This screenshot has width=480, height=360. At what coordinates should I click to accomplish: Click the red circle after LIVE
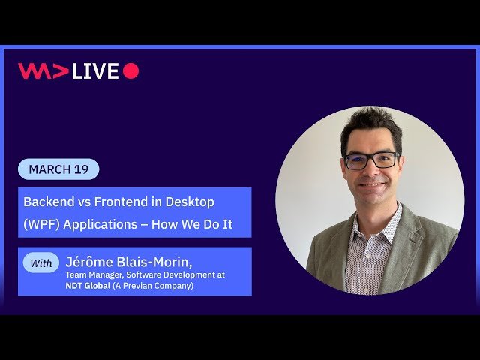tap(131, 70)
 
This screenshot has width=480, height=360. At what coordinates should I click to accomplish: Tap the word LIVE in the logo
tap(95, 70)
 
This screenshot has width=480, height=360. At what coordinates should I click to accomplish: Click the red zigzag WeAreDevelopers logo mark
tap(43, 70)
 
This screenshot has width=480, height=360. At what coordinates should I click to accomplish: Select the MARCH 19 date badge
tap(58, 169)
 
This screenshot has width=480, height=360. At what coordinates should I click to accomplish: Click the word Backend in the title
tap(49, 202)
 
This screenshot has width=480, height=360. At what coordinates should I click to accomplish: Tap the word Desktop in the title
tap(190, 202)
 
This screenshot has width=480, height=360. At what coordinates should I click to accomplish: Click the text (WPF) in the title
tap(41, 224)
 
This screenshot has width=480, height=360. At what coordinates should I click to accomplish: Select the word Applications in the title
tap(100, 225)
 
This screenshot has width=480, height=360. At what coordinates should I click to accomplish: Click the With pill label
tap(41, 262)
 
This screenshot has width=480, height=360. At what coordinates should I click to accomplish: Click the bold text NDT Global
tap(88, 286)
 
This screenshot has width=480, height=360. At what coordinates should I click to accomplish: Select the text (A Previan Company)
tap(153, 286)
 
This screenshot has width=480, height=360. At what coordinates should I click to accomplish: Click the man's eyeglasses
tap(372, 160)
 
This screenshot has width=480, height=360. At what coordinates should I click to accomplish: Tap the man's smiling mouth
tap(371, 185)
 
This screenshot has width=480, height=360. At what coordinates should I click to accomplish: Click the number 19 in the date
tap(81, 169)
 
